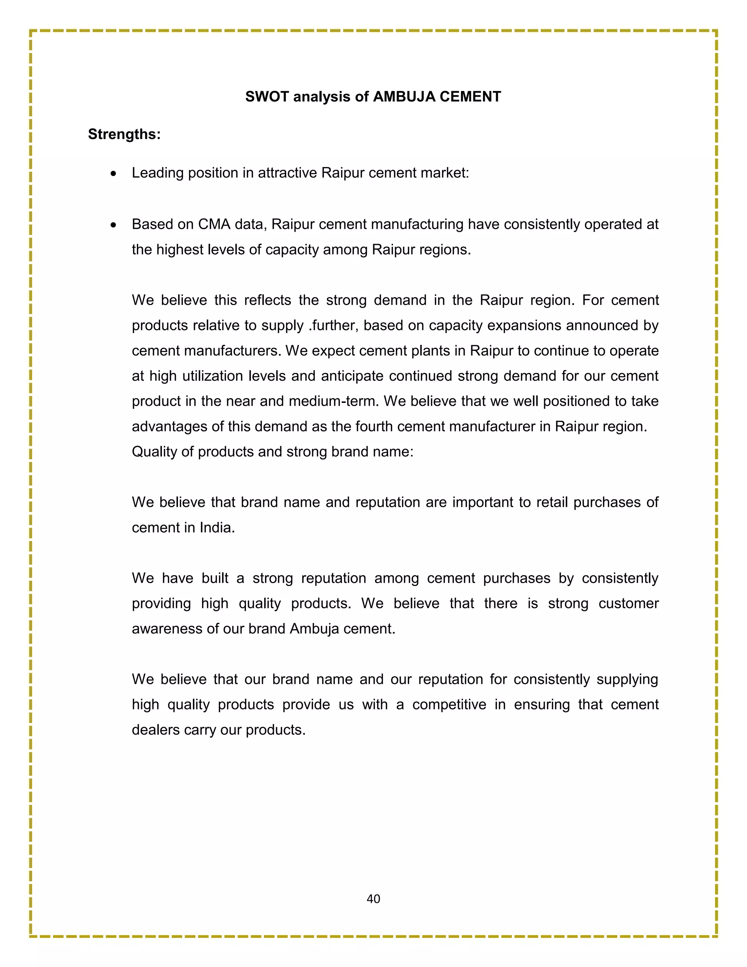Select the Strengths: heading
point(124,134)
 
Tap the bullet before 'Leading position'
point(114,174)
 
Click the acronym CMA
point(214,224)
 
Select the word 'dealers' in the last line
point(155,730)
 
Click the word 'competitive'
point(449,704)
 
